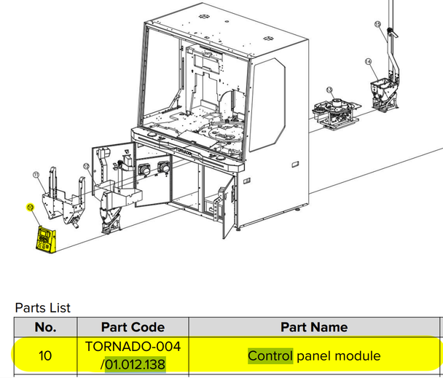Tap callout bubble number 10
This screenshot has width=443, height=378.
pyautogui.click(x=30, y=207)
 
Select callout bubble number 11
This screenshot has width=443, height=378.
pyautogui.click(x=37, y=174)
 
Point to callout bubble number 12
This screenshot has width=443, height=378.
pyautogui.click(x=86, y=166)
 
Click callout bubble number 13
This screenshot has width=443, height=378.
pyautogui.click(x=329, y=90)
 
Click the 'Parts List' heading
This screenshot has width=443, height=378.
pyautogui.click(x=43, y=308)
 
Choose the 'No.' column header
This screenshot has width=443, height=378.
pyautogui.click(x=46, y=327)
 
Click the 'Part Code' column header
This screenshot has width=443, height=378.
pyautogui.click(x=133, y=327)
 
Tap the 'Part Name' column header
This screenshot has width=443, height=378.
pyautogui.click(x=314, y=327)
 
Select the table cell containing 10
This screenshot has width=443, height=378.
pyautogui.click(x=46, y=356)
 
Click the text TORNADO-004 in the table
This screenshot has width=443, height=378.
pyautogui.click(x=133, y=345)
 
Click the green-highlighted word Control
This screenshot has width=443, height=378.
pyautogui.click(x=270, y=356)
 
